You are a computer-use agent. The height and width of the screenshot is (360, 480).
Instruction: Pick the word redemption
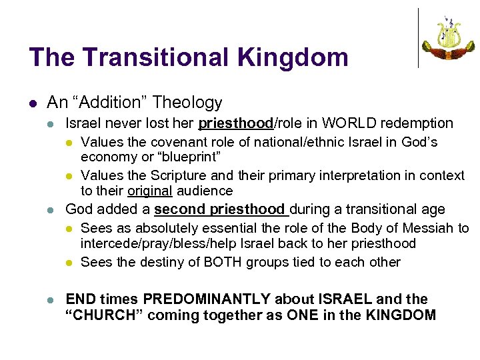point(415,123)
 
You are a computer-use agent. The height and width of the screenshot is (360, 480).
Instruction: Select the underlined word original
point(149,191)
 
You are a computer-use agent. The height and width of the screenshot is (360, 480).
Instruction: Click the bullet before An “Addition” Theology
point(33,103)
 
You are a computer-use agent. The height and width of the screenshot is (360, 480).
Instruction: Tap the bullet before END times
point(51,299)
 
